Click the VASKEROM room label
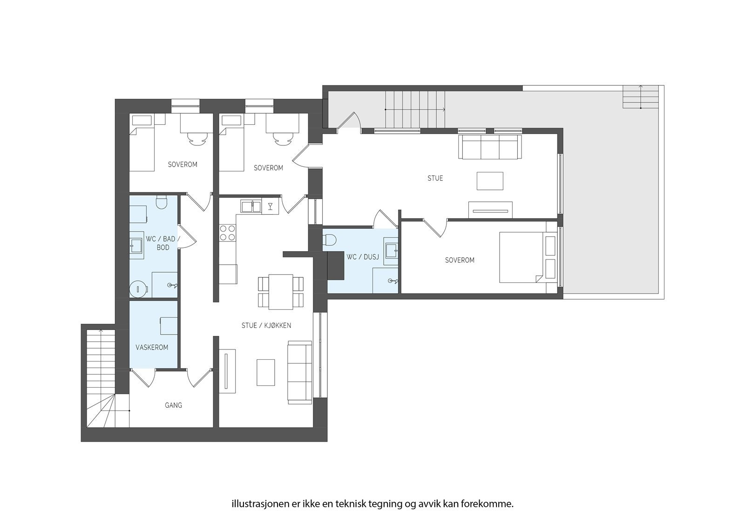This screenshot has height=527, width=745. point(152,348)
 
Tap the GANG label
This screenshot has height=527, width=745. point(173,405)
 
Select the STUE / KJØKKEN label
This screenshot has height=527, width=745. point(266,326)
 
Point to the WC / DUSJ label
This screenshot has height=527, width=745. point(360,257)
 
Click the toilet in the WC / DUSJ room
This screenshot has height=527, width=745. point(330,240)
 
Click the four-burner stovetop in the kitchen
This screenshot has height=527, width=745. point(228,233)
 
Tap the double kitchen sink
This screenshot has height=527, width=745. point(251,206)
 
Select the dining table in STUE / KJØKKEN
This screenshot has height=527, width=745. point(281,292)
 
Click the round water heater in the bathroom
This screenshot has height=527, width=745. point(138,289)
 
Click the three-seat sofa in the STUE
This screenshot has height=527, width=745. point(490,147)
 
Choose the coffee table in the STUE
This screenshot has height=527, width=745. point(490,181)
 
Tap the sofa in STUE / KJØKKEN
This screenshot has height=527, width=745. point(300,372)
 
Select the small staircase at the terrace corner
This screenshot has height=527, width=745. point(641,96)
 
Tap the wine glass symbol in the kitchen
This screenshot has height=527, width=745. point(270,206)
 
